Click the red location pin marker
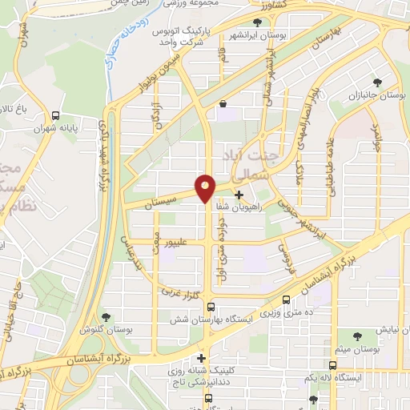pyautogui.click(x=206, y=189)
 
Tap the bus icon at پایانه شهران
pyautogui.click(x=54, y=115)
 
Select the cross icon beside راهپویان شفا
pyautogui.click(x=239, y=194)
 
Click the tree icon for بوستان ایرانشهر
pyautogui.click(x=258, y=22)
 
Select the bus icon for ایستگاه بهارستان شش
pyautogui.click(x=210, y=307)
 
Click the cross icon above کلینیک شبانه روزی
pyautogui.click(x=201, y=358)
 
